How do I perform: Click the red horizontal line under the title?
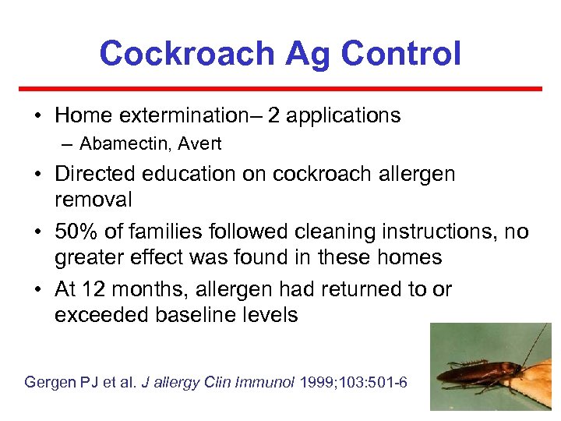[x=280, y=89]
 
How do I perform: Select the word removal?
[x=93, y=200]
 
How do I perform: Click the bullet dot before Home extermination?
[x=37, y=117]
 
